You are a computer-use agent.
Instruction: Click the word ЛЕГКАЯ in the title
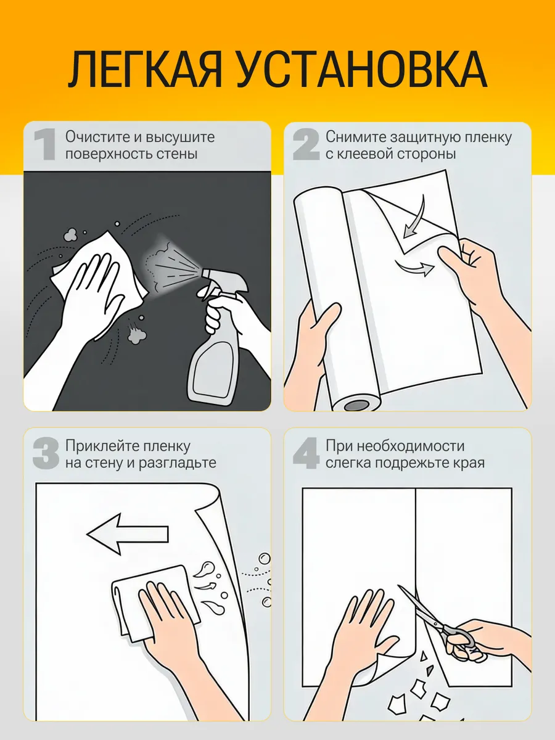point(146,70)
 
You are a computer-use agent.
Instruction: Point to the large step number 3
point(46,453)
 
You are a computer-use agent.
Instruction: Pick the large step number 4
point(306,453)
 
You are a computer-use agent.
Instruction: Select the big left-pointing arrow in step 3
point(128,534)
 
